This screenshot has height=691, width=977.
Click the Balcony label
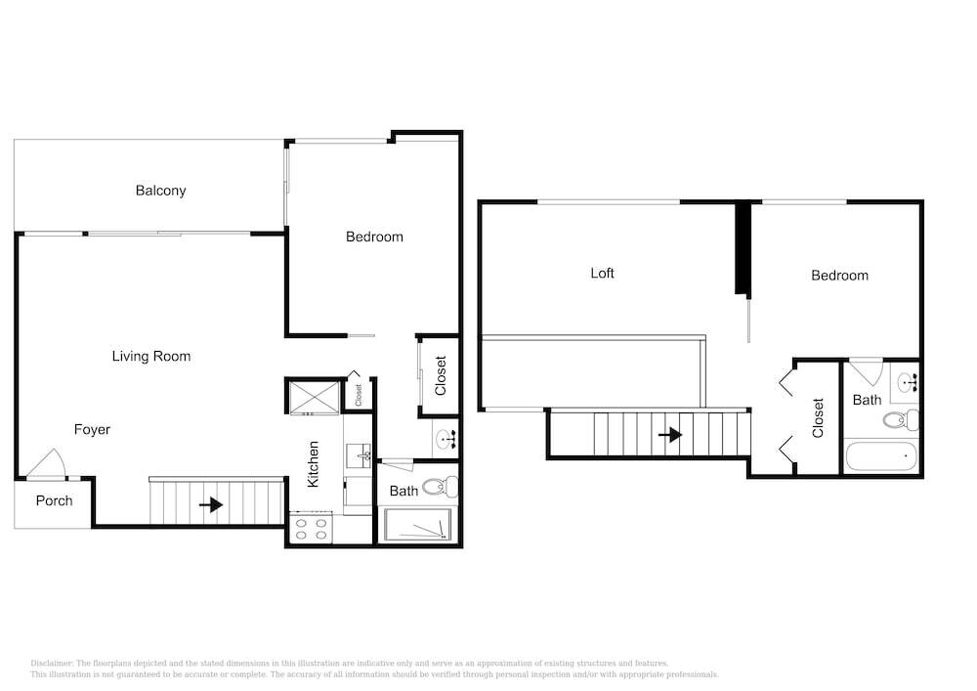161,191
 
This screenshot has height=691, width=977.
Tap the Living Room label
151,357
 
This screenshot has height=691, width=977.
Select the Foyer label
92,429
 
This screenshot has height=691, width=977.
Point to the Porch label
54,501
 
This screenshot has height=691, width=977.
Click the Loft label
602,273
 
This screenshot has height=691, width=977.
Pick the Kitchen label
313,464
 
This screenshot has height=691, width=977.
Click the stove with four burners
311,529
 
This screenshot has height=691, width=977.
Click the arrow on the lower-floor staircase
211,504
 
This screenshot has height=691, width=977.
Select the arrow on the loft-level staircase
670,434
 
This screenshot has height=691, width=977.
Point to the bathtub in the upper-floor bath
880,456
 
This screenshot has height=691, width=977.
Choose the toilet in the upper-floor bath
901,420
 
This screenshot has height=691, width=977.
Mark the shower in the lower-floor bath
418,525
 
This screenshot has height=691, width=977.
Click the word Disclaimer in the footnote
52,664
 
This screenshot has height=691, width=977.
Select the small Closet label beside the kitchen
359,395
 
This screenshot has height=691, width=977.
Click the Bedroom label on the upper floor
839,276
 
